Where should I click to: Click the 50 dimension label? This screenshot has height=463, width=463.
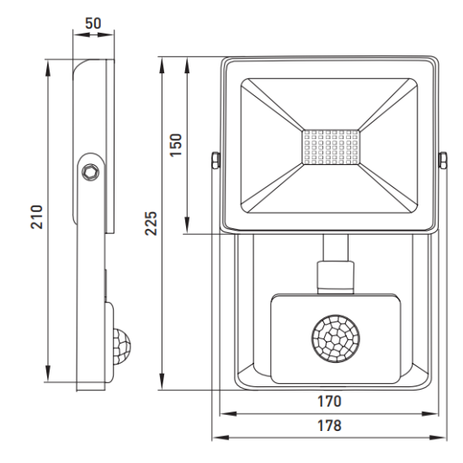(93, 24)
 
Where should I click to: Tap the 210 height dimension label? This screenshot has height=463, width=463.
(37, 216)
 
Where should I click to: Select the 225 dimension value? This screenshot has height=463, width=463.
(151, 223)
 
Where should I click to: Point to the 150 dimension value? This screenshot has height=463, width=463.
(176, 145)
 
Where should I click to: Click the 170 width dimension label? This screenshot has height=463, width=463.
(329, 402)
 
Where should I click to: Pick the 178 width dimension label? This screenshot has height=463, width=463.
(329, 425)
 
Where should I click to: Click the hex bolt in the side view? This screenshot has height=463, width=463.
(90, 172)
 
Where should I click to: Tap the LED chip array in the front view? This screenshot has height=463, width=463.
(331, 147)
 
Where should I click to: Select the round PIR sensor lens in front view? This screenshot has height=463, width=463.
(336, 338)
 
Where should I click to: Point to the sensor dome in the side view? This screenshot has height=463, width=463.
(122, 346)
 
